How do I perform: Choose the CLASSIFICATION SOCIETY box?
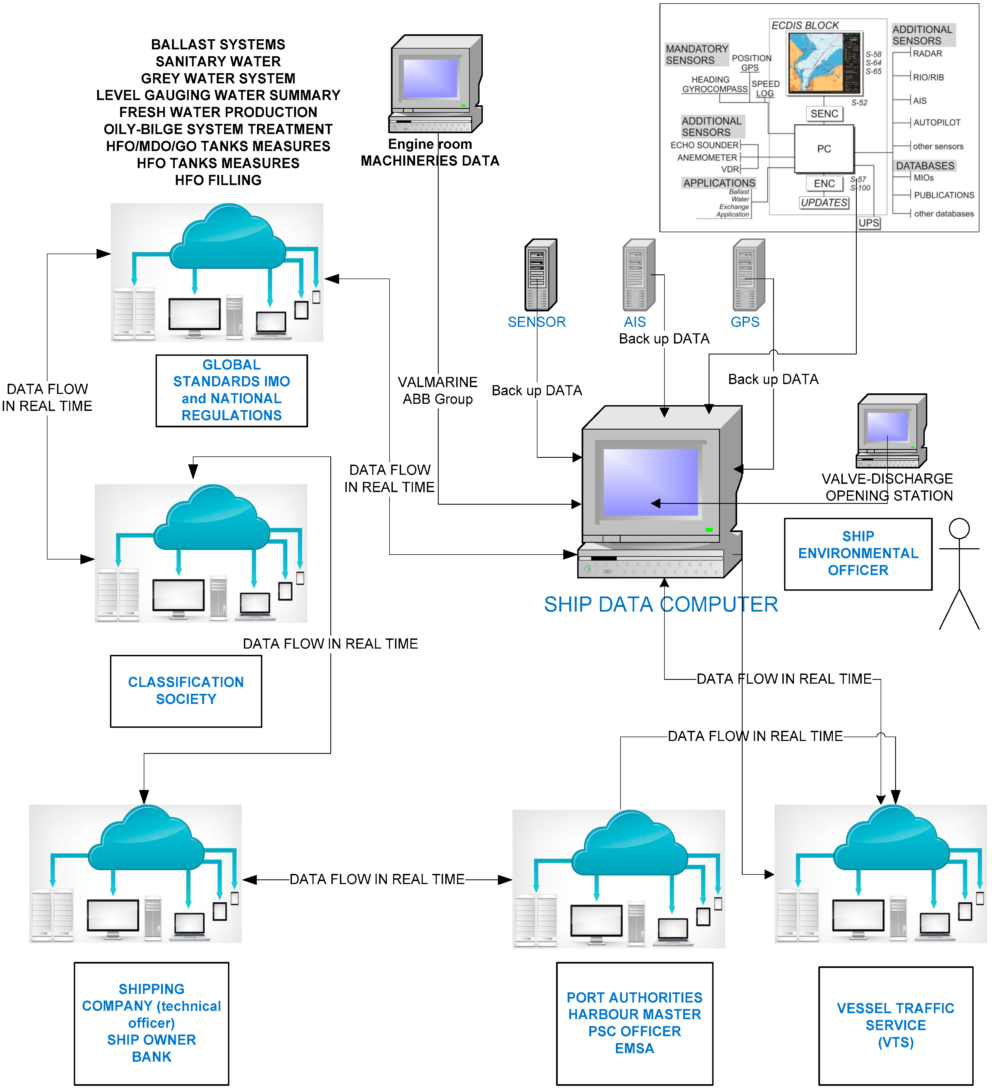186,691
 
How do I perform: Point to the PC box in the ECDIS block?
824,149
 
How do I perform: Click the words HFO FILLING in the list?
218,180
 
